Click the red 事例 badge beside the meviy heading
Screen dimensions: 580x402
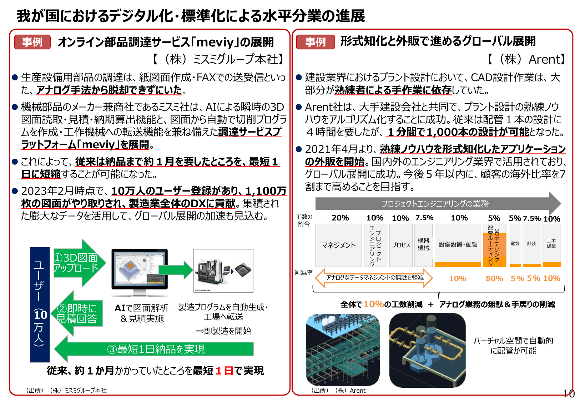tap(32, 42)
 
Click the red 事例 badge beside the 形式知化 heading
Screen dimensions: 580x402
tap(315, 42)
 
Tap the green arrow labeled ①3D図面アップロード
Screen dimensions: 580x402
tap(79, 263)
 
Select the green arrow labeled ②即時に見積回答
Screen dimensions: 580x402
tap(78, 313)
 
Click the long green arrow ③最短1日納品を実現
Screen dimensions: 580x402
tap(155, 349)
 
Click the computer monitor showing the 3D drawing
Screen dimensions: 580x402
tap(139, 270)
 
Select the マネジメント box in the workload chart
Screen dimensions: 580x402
tap(339, 245)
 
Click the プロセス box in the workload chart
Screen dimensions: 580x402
tap(401, 245)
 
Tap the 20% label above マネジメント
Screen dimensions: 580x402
tap(340, 218)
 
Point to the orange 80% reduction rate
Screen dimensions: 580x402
tap(494, 278)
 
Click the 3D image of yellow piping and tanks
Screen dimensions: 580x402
tap(427, 350)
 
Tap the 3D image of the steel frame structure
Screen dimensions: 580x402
tap(343, 350)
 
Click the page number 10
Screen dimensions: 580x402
tap(569, 393)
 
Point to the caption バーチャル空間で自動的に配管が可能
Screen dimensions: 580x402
tap(513, 346)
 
